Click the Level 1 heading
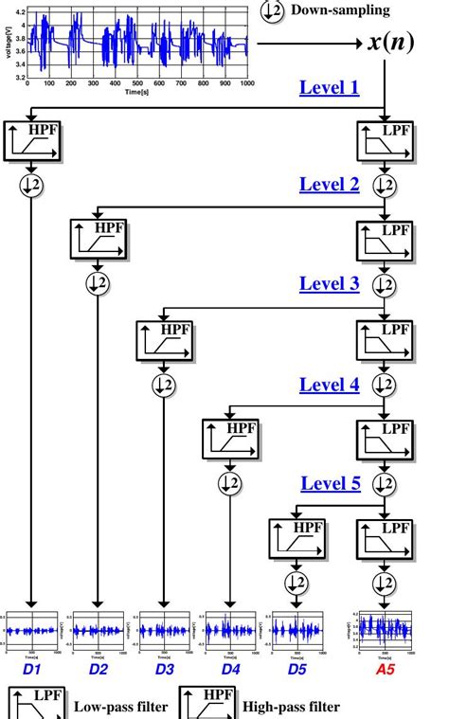[329, 88]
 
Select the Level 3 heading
[329, 283]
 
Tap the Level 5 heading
[331, 484]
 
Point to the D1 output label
[32, 670]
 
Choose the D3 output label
[165, 670]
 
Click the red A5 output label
[385, 670]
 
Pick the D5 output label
[297, 670]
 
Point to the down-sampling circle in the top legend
[273, 11]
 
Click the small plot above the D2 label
[99, 630]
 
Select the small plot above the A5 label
[385, 630]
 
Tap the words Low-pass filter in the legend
[120, 706]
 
